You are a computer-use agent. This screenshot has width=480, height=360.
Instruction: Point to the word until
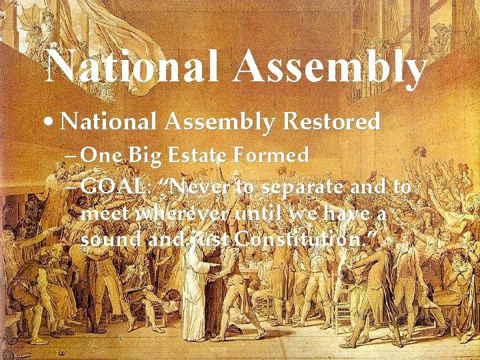[261, 214]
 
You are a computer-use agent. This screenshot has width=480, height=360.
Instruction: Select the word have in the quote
[352, 214]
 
